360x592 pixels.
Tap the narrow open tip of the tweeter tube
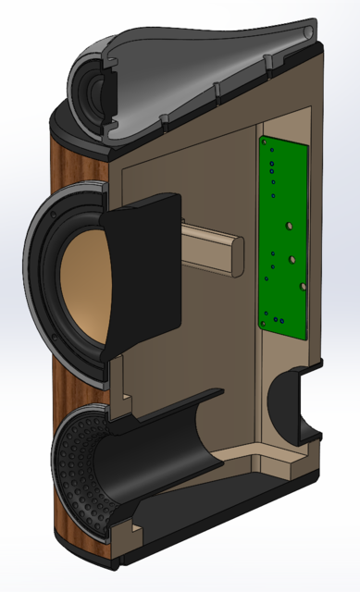(x=305, y=34)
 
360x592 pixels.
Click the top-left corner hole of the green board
(x=264, y=143)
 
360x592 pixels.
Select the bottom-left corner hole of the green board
(x=266, y=325)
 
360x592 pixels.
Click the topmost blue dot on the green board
(x=271, y=154)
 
